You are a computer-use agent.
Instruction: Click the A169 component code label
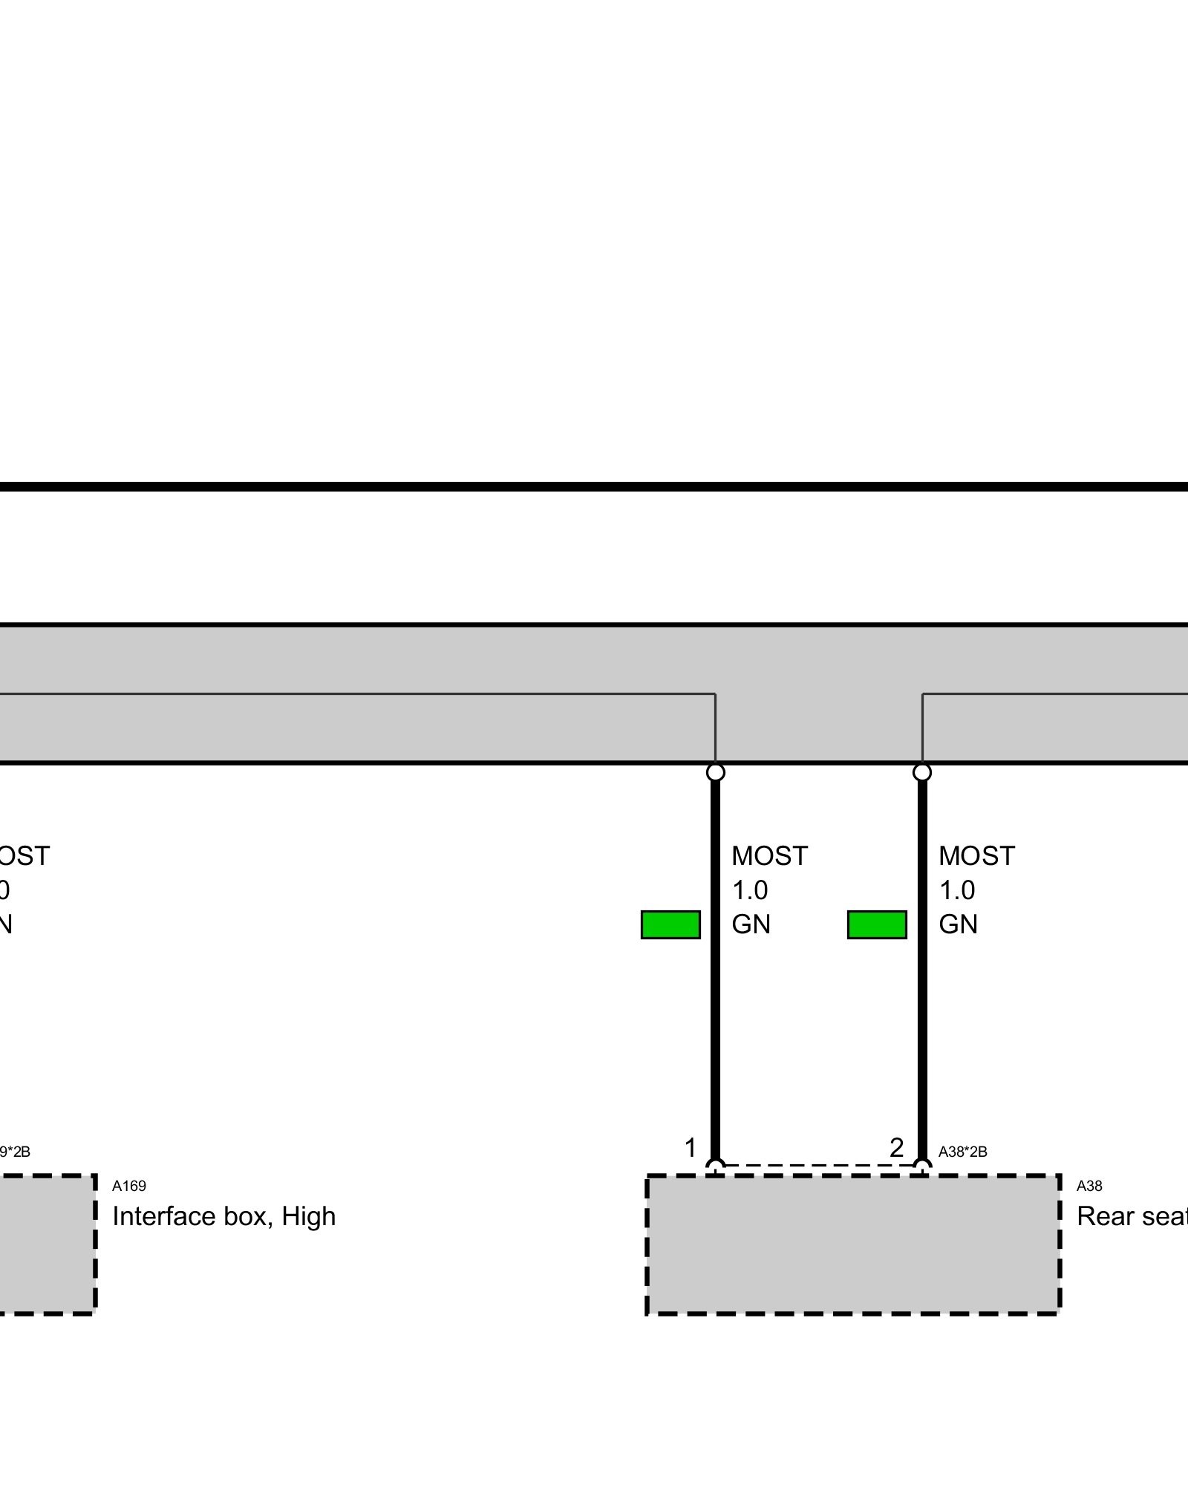[x=128, y=1186]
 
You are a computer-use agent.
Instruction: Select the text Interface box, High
[x=223, y=1216]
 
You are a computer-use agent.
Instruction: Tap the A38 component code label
[x=1089, y=1186]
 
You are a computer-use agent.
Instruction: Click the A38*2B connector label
[x=962, y=1152]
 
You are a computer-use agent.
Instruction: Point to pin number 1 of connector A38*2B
[x=691, y=1148]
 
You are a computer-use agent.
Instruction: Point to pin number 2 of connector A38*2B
[x=896, y=1148]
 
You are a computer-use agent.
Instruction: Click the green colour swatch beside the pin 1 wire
[x=670, y=924]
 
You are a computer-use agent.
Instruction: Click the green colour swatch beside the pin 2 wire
[x=877, y=924]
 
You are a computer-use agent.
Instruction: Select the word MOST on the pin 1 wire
[x=768, y=856]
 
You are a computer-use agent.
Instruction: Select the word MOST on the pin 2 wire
[x=976, y=856]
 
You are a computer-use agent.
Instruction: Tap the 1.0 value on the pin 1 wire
[x=750, y=890]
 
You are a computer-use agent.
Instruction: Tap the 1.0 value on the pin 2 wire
[x=957, y=890]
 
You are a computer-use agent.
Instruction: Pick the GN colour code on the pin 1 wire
[x=751, y=924]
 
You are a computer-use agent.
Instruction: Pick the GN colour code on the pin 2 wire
[x=958, y=924]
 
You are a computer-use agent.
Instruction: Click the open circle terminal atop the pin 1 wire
[x=715, y=772]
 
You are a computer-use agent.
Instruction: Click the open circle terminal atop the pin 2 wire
[x=922, y=772]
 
